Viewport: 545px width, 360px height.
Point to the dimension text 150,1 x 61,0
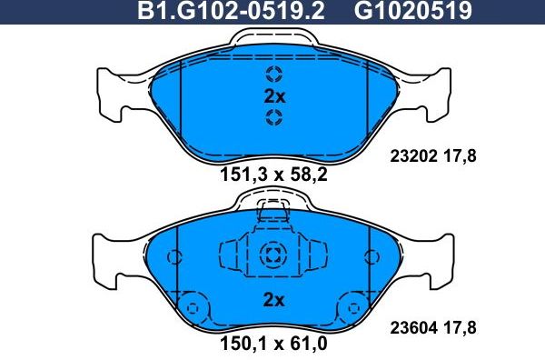[x=273, y=347]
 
